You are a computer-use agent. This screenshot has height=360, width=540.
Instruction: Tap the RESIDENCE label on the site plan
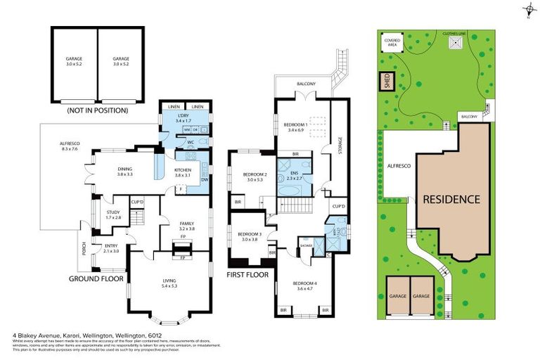(451, 199)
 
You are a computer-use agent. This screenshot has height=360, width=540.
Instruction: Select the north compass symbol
(527, 9)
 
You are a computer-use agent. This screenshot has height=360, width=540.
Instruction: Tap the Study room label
(113, 214)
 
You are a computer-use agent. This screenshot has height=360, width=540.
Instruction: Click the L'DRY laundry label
(184, 118)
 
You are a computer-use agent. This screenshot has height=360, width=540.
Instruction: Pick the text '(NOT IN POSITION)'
(98, 110)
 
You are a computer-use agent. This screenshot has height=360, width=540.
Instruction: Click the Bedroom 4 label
(305, 285)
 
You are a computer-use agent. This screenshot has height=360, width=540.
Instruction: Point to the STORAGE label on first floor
(340, 148)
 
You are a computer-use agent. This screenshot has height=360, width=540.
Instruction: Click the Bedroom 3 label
(249, 236)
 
